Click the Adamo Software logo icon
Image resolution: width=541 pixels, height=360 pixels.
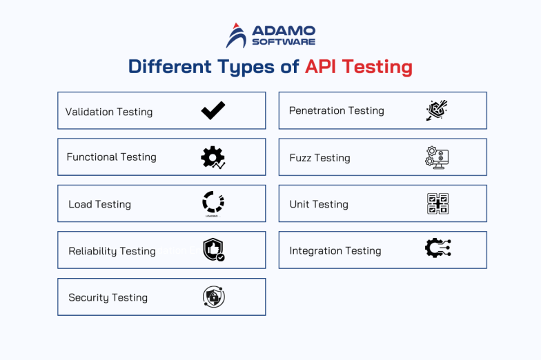pos(236,36)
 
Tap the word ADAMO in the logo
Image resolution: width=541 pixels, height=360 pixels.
pos(284,31)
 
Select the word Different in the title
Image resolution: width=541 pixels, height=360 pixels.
pos(169,67)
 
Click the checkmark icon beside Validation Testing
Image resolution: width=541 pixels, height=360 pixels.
pos(213,110)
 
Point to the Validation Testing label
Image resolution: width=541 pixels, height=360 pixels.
pos(109,112)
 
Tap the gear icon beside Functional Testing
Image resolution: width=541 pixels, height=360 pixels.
pos(213,157)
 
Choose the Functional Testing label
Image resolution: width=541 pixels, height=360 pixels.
pos(111,157)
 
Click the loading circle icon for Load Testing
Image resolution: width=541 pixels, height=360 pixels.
pos(213,203)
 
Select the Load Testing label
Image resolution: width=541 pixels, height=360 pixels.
pos(99,204)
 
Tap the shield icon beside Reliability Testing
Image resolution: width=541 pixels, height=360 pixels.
pos(213,250)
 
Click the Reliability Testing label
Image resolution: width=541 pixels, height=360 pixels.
pos(112,251)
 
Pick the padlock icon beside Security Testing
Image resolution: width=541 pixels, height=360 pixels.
pos(213,297)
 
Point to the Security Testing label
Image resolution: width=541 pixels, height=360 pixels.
pos(108,298)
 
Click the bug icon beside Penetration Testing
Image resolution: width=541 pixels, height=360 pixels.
pos(437,110)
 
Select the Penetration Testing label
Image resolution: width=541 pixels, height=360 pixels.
pos(336,110)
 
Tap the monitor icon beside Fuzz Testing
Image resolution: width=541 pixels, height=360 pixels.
pos(437,157)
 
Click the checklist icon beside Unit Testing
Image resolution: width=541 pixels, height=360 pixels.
pos(437,203)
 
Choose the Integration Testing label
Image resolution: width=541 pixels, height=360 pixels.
pos(335,251)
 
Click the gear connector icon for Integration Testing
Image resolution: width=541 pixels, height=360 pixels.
pos(437,249)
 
